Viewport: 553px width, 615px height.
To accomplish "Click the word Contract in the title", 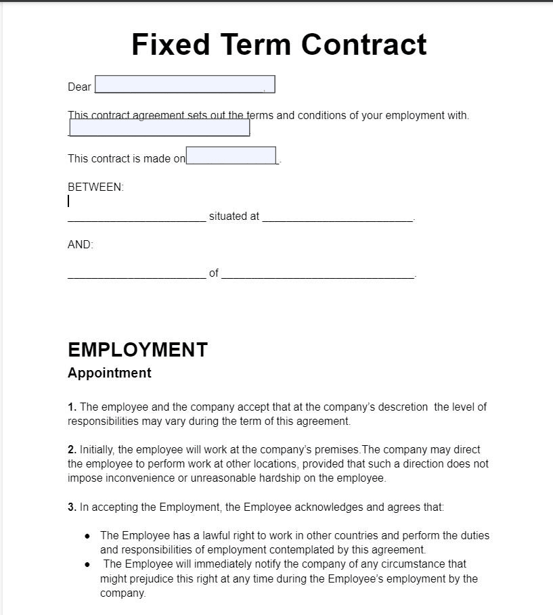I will pyautogui.click(x=364, y=45).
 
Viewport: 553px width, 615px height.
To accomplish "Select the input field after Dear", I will pyautogui.click(x=185, y=85).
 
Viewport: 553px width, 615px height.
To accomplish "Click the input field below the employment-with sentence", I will pyautogui.click(x=160, y=128).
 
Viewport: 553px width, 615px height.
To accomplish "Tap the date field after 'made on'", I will pyautogui.click(x=231, y=156).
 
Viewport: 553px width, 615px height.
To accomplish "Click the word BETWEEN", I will pyautogui.click(x=95, y=187).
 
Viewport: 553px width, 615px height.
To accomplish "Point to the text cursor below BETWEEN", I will pyautogui.click(x=68, y=201).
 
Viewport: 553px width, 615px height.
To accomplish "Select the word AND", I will pyautogui.click(x=80, y=245).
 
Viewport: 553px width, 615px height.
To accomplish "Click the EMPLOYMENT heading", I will pyautogui.click(x=137, y=350).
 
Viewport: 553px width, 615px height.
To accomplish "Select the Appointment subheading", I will pyautogui.click(x=110, y=373).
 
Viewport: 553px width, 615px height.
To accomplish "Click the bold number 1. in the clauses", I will pyautogui.click(x=72, y=407).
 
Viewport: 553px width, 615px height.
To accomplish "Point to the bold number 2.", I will pyautogui.click(x=72, y=449).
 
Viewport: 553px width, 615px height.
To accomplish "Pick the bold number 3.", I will pyautogui.click(x=72, y=507).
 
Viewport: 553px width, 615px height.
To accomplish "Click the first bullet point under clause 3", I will pyautogui.click(x=87, y=536).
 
